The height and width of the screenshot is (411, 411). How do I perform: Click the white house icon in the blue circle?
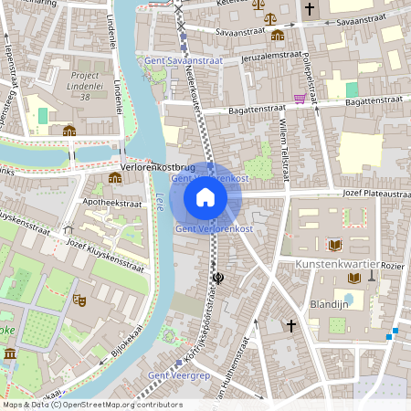tap(205, 196)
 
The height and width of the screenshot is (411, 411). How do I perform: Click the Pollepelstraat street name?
tap(310, 76)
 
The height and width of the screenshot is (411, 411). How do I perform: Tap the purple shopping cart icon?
tap(300, 99)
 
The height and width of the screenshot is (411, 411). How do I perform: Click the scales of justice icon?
tap(258, 17)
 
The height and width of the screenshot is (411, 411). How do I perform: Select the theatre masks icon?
tap(79, 299)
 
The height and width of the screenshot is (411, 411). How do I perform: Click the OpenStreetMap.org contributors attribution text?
tap(123, 405)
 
